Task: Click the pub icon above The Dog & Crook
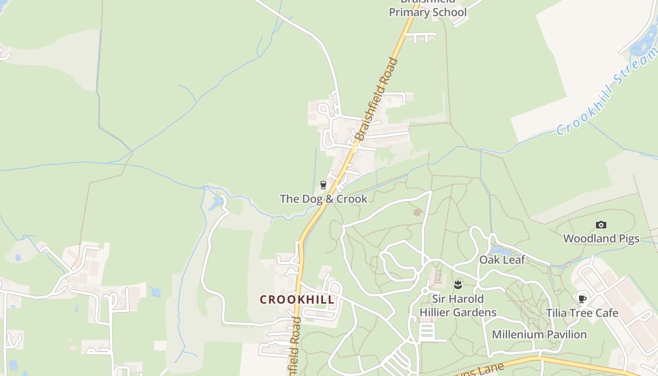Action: point(323,185)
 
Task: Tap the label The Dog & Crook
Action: point(323,199)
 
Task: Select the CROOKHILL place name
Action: point(297,299)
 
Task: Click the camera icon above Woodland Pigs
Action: point(601,225)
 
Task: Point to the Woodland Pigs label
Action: point(601,239)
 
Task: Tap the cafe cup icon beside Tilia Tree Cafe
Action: point(582,298)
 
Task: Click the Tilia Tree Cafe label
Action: point(582,313)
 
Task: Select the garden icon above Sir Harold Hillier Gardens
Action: point(458,284)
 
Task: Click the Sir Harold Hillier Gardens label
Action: point(458,305)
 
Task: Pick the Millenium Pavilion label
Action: point(539,335)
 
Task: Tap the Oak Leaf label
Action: point(502,260)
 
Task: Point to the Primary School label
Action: point(428,12)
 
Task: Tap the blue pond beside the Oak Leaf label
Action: point(495,251)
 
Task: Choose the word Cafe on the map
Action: point(606,313)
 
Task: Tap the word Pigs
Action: point(627,239)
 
